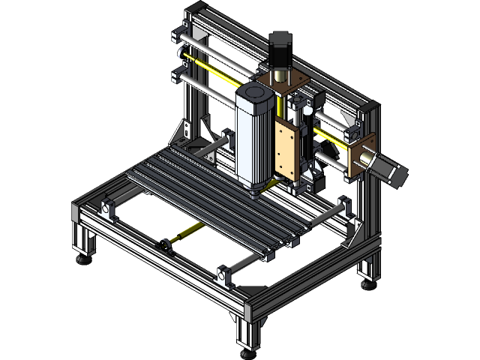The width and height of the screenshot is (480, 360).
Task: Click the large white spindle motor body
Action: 253,139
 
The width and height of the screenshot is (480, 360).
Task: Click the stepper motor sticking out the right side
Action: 390,168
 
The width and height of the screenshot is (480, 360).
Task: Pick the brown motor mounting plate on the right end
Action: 361,154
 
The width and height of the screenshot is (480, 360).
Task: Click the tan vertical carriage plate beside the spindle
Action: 286,150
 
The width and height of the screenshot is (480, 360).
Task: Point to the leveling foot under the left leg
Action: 83,259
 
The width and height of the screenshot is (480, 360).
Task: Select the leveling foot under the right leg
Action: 367,283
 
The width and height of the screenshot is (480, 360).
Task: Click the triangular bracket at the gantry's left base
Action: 184,131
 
